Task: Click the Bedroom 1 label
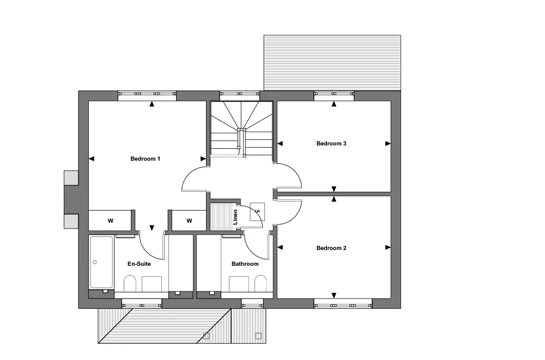click(146, 159)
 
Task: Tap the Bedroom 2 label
click(331, 248)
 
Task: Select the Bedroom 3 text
click(331, 144)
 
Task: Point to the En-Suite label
click(139, 264)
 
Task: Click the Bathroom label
click(245, 264)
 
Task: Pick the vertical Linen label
click(235, 217)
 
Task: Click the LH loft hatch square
click(257, 212)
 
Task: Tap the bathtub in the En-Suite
click(101, 263)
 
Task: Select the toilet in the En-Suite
click(130, 284)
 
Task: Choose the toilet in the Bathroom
click(261, 284)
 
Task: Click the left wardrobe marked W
click(110, 221)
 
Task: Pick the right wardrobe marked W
click(189, 221)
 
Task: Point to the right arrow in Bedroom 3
click(388, 144)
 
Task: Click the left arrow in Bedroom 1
click(92, 159)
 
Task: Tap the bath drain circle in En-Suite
click(94, 263)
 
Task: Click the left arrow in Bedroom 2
click(280, 247)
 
